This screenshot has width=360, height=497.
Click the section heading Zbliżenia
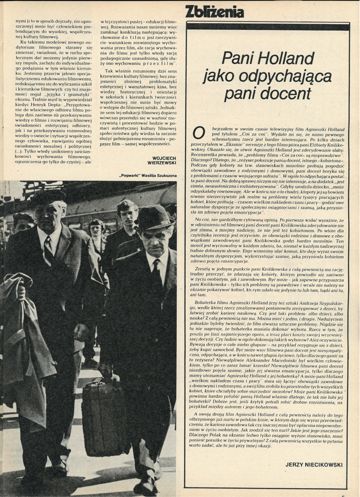click(x=215, y=12)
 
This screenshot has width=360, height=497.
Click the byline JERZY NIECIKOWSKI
click(x=314, y=464)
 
